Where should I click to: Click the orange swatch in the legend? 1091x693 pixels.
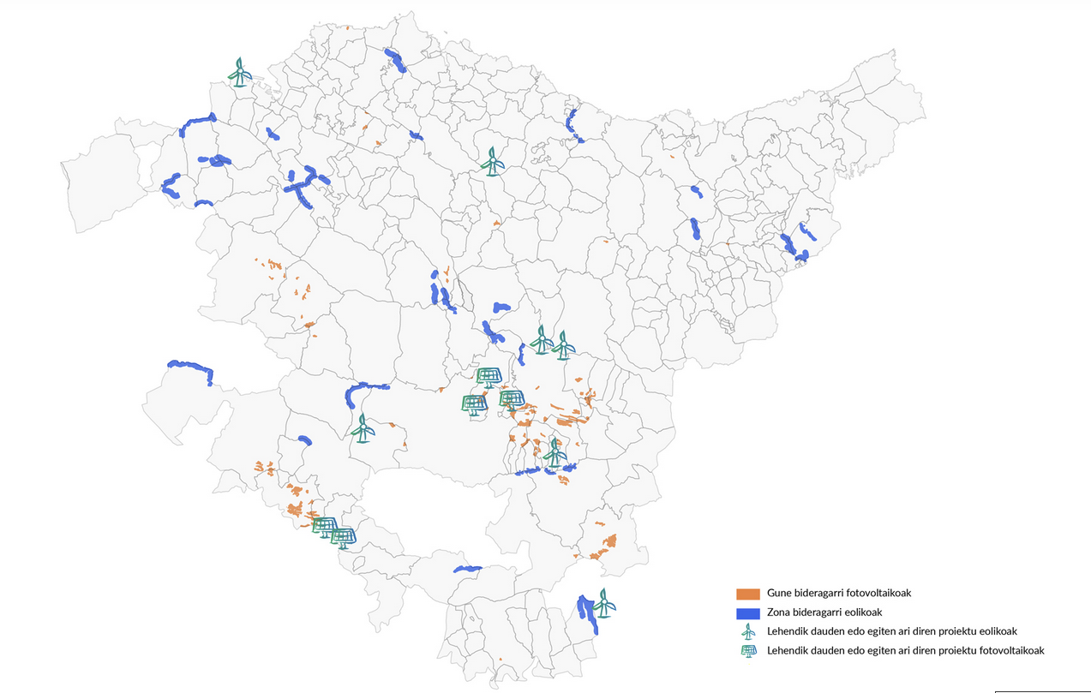coord(748,594)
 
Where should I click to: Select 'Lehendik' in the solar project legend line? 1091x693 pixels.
coord(787,651)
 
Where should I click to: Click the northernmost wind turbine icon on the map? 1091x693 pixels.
coord(241,73)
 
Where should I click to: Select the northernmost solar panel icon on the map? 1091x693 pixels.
coord(489,377)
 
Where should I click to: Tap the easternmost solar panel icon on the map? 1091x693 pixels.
coord(512,400)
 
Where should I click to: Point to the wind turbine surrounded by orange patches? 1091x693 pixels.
coord(554,452)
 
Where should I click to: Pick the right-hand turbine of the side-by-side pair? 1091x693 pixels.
coord(563,345)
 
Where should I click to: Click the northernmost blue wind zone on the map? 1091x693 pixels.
coord(394,59)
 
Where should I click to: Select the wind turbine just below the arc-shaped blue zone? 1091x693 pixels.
coord(363,427)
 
